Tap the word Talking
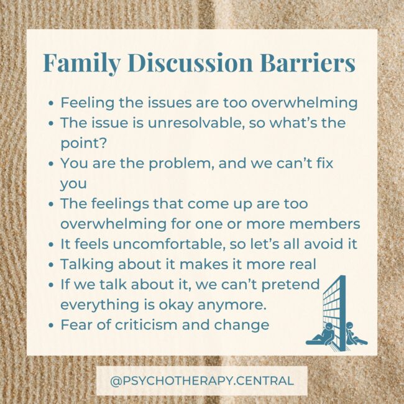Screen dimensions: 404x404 tap(83, 264)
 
